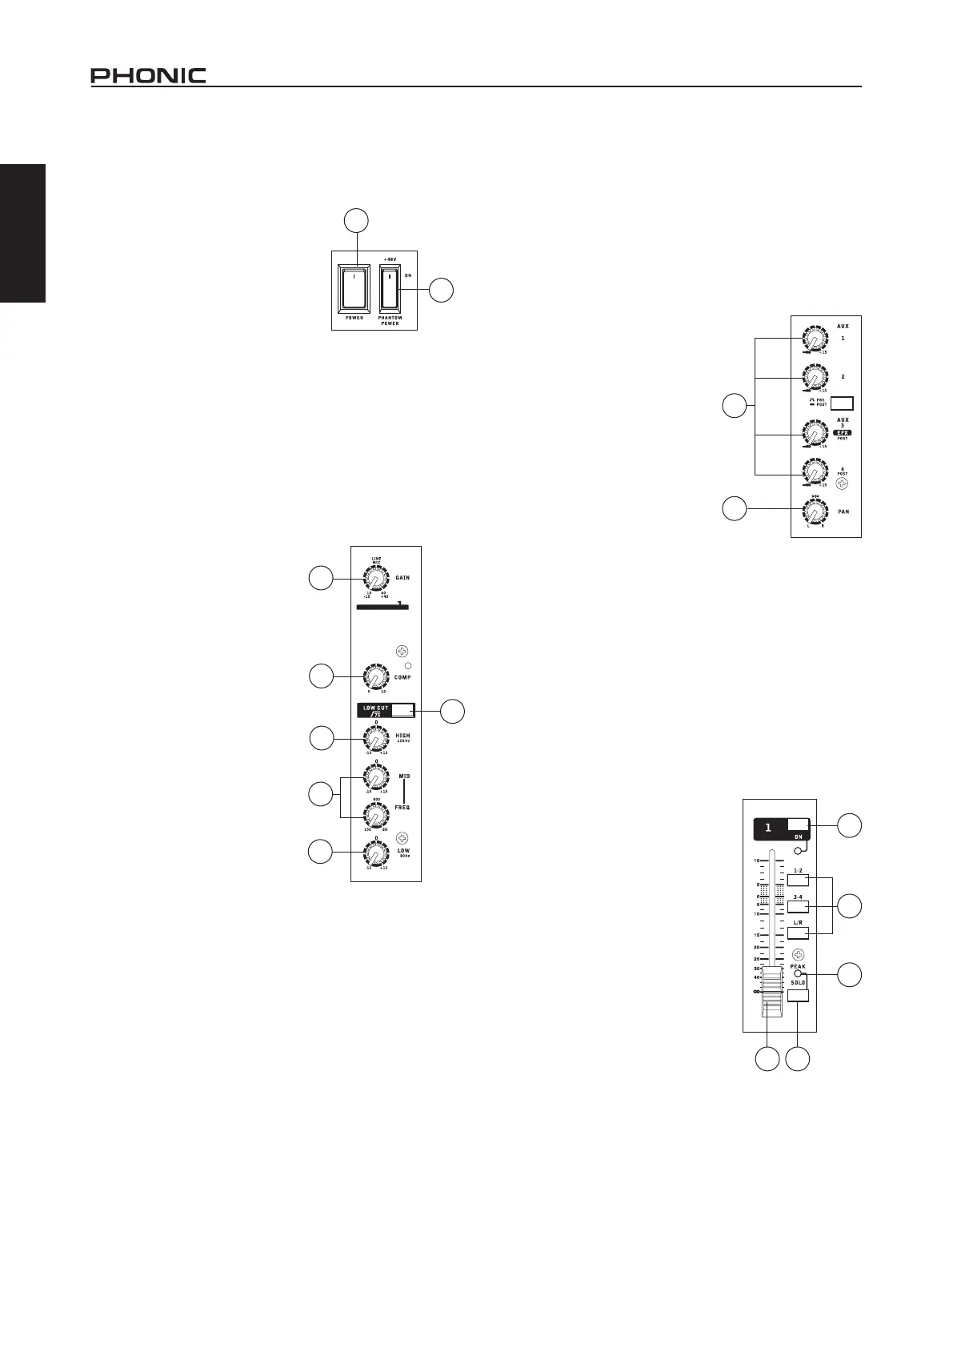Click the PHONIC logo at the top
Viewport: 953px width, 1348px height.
(x=148, y=76)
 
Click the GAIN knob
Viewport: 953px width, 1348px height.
(x=374, y=579)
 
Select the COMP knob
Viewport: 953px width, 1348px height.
(x=374, y=677)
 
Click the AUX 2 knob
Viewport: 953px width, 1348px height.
(x=813, y=376)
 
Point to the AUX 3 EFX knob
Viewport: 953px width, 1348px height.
(x=813, y=433)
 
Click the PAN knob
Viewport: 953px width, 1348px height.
(x=813, y=509)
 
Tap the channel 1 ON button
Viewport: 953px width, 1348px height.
(x=798, y=824)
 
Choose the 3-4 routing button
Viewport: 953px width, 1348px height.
(x=798, y=906)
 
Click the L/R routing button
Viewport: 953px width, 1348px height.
(x=798, y=933)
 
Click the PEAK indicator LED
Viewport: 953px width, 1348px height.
(x=798, y=974)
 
